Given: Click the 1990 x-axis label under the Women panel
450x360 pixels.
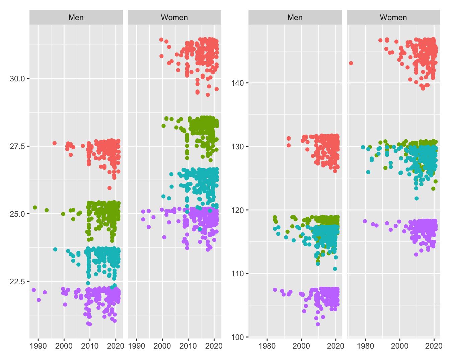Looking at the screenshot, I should pos(137,346).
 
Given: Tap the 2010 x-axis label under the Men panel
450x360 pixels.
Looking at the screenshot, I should pos(90,346).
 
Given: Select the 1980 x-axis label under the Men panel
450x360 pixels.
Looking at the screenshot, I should pos(267,346).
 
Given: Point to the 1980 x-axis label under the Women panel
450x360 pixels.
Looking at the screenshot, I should pos(366,346).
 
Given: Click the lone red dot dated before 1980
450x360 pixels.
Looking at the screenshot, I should pos(351,63).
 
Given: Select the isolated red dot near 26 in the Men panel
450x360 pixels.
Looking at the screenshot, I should pos(109,188).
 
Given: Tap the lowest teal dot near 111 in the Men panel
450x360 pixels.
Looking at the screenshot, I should pos(335,269).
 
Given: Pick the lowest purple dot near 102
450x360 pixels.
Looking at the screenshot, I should pos(318,324).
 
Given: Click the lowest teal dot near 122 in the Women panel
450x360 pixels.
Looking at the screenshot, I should pos(417,199).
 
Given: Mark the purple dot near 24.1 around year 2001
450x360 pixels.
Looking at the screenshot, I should pos(164,237).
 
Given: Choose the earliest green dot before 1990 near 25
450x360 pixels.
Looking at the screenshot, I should pos(35,208).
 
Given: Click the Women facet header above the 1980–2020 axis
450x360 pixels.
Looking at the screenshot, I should pos(393,17).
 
